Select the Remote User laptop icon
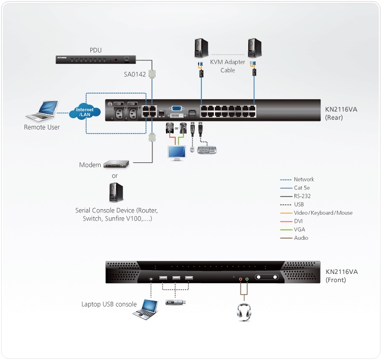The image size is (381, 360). tap(41, 112)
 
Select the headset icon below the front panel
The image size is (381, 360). tap(243, 312)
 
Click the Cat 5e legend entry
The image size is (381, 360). tap(303, 188)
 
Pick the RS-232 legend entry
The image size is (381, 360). tap(302, 196)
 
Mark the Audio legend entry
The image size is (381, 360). tap(301, 238)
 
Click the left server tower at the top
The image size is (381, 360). tap(201, 47)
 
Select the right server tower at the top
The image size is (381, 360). tap(254, 47)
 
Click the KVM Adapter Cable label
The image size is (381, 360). tap(228, 66)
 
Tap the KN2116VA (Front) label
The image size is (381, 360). tap(341, 276)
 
